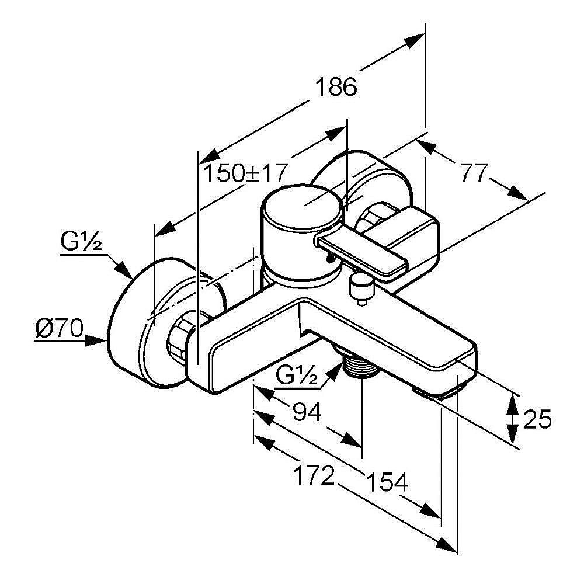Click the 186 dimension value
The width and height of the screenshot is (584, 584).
pos(335,88)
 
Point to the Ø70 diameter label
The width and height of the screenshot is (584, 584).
pos(58,329)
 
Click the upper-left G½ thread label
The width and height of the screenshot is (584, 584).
pos(81,241)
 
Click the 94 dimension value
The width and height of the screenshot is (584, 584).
pos(307,413)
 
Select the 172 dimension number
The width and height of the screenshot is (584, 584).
pos(314,476)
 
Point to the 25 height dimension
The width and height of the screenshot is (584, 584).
pos(537,419)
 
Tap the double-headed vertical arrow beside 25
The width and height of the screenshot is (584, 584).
pos(512,418)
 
